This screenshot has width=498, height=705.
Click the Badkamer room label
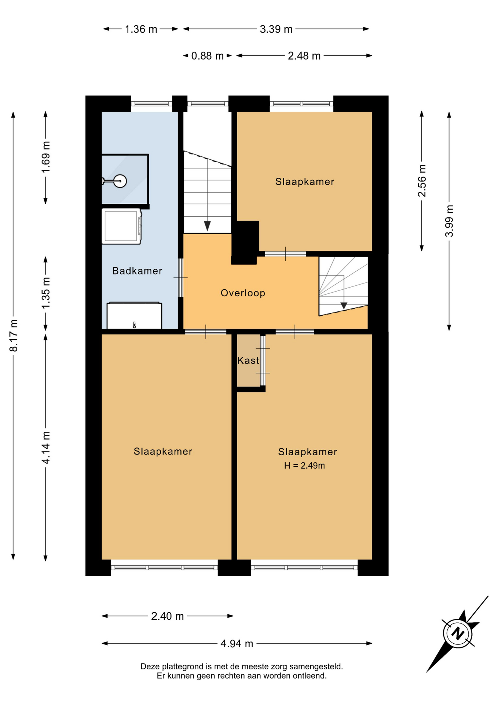tap(137, 271)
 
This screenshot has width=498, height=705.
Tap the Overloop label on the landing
tap(243, 293)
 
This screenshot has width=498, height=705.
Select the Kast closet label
tap(248, 361)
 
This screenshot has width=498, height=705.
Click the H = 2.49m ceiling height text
tap(304, 466)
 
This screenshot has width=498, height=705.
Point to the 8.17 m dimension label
tap(14, 336)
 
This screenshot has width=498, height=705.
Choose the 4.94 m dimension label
tap(237, 644)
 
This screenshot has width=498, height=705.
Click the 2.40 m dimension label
tap(167, 616)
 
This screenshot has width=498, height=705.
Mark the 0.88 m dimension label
tap(208, 56)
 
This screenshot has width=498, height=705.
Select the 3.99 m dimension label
tap(449, 221)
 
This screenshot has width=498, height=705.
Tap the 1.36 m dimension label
tap(141, 29)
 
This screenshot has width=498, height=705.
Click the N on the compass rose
tap(457, 633)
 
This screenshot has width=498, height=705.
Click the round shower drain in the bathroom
tap(120, 181)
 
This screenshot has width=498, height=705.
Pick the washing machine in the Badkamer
tap(121, 226)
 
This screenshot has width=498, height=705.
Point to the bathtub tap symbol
tap(134, 325)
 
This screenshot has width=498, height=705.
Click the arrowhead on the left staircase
tap(207, 226)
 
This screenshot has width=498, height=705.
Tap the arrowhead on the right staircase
tap(344, 305)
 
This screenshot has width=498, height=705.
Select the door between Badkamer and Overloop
tap(180, 278)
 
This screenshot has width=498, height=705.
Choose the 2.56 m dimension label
tap(422, 181)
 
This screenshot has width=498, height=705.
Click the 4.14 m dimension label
tap(46, 448)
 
